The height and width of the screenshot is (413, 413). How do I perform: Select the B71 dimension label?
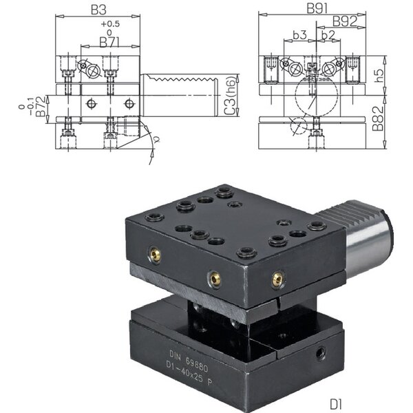tap(106, 43)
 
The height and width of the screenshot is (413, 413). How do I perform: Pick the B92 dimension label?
tap(343, 21)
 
